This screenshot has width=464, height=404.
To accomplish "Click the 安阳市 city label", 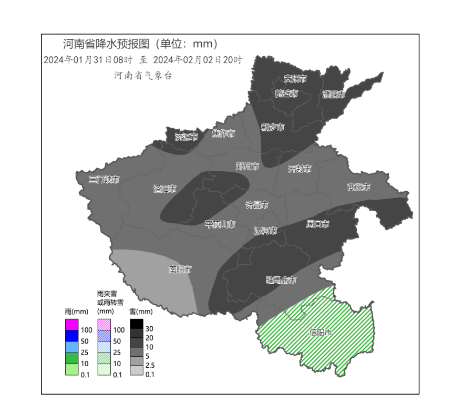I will (295, 79).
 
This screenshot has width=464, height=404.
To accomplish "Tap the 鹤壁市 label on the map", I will (286, 94).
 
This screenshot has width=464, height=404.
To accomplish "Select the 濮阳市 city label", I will (334, 95).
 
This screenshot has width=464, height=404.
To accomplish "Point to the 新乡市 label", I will (273, 127).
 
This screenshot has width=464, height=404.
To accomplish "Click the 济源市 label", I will (187, 137).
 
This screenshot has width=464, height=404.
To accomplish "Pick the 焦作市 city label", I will (223, 133).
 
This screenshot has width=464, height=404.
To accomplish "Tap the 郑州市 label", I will (247, 167).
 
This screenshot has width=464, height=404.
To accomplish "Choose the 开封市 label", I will (300, 169).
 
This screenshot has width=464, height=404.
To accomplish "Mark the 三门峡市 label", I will (104, 180).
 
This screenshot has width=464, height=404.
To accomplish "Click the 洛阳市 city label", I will (164, 189).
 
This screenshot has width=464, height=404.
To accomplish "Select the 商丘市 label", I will (358, 187).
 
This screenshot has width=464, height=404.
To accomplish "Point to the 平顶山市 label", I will (220, 224).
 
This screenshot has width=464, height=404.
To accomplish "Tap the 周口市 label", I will (317, 224).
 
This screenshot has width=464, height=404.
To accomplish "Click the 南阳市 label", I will (180, 270).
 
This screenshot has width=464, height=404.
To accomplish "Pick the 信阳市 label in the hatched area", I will (321, 333).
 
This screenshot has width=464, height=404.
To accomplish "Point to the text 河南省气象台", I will (143, 76).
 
